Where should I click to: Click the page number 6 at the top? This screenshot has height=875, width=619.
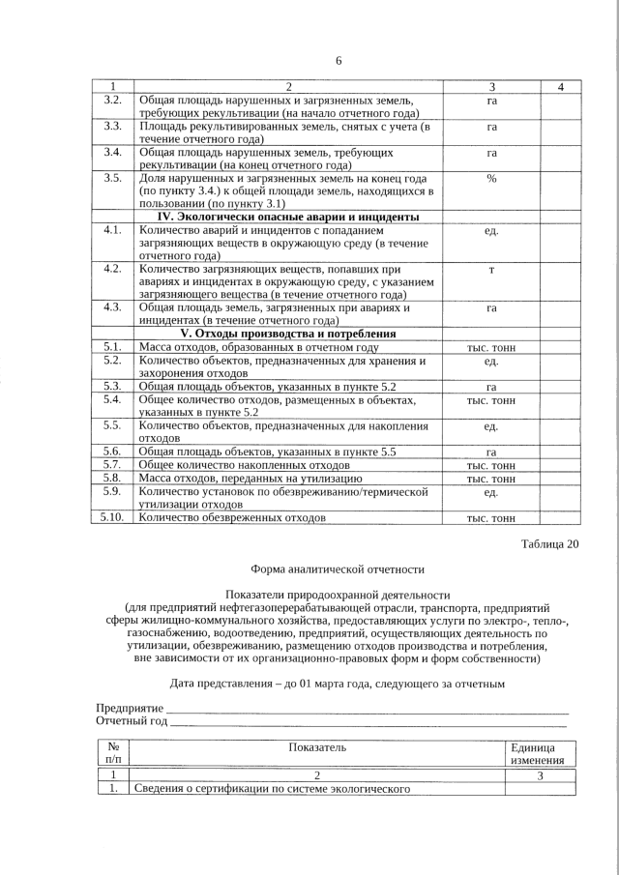point(339,60)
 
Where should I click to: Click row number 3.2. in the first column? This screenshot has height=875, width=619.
point(112,100)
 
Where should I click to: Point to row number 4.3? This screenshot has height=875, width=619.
point(112,307)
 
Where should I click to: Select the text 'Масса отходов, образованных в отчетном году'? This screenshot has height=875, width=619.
point(258,347)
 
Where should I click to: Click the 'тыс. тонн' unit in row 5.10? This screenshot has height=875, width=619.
point(491,518)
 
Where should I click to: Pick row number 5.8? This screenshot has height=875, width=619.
point(112,478)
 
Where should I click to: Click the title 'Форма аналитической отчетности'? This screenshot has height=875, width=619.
point(338,570)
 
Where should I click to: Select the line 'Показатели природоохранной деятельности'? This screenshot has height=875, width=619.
point(338,593)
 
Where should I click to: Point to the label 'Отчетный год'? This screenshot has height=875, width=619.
point(132,721)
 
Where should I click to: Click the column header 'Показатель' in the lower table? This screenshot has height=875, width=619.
point(317,747)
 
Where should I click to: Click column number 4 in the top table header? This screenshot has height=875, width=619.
point(562,88)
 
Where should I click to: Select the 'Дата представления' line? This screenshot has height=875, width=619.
point(338,684)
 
